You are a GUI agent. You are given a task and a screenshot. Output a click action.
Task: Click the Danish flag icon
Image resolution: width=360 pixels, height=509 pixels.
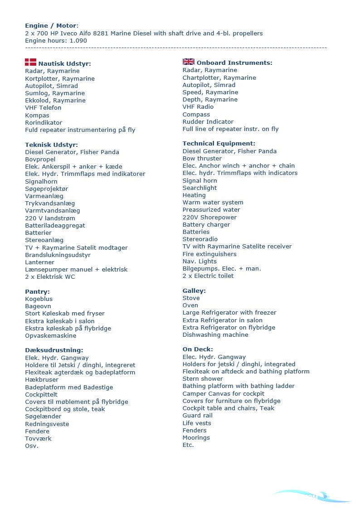(30, 62)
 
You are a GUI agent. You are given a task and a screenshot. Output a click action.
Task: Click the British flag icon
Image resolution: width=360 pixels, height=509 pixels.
(188, 62)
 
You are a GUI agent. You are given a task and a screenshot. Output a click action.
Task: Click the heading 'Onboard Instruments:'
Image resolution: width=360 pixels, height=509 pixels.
(234, 63)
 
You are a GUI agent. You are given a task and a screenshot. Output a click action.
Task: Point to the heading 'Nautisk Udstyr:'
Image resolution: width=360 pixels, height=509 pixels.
(64, 64)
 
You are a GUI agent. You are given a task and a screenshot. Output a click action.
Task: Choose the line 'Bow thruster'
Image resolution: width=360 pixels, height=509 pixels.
(202, 159)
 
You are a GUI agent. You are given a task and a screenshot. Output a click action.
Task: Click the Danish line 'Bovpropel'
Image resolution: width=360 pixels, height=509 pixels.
(40, 160)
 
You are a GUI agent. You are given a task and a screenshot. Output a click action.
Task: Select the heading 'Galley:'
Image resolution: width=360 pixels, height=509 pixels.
(194, 291)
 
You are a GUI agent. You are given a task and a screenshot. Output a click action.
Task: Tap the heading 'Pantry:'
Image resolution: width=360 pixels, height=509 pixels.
(37, 292)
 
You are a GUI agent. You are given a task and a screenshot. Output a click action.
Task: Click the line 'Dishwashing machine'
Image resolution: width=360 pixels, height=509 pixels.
(215, 335)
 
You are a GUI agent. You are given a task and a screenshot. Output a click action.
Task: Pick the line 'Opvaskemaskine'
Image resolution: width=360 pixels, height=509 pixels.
(50, 336)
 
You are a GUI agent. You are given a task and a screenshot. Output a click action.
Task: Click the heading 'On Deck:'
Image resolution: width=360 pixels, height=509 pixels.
(198, 349)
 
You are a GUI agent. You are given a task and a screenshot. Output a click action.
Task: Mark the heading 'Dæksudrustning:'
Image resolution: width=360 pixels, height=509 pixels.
(54, 350)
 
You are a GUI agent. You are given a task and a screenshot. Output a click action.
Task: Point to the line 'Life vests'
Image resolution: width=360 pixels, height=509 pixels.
(197, 423)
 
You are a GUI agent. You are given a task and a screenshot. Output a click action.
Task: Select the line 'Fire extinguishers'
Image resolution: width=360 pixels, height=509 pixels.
(209, 254)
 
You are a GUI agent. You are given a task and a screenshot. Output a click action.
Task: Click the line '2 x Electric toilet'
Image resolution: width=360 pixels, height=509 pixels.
(208, 276)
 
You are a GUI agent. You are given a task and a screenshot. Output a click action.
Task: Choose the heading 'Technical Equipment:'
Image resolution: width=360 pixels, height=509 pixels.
(219, 144)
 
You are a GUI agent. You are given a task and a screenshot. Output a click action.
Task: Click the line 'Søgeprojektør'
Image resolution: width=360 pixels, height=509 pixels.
(46, 189)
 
